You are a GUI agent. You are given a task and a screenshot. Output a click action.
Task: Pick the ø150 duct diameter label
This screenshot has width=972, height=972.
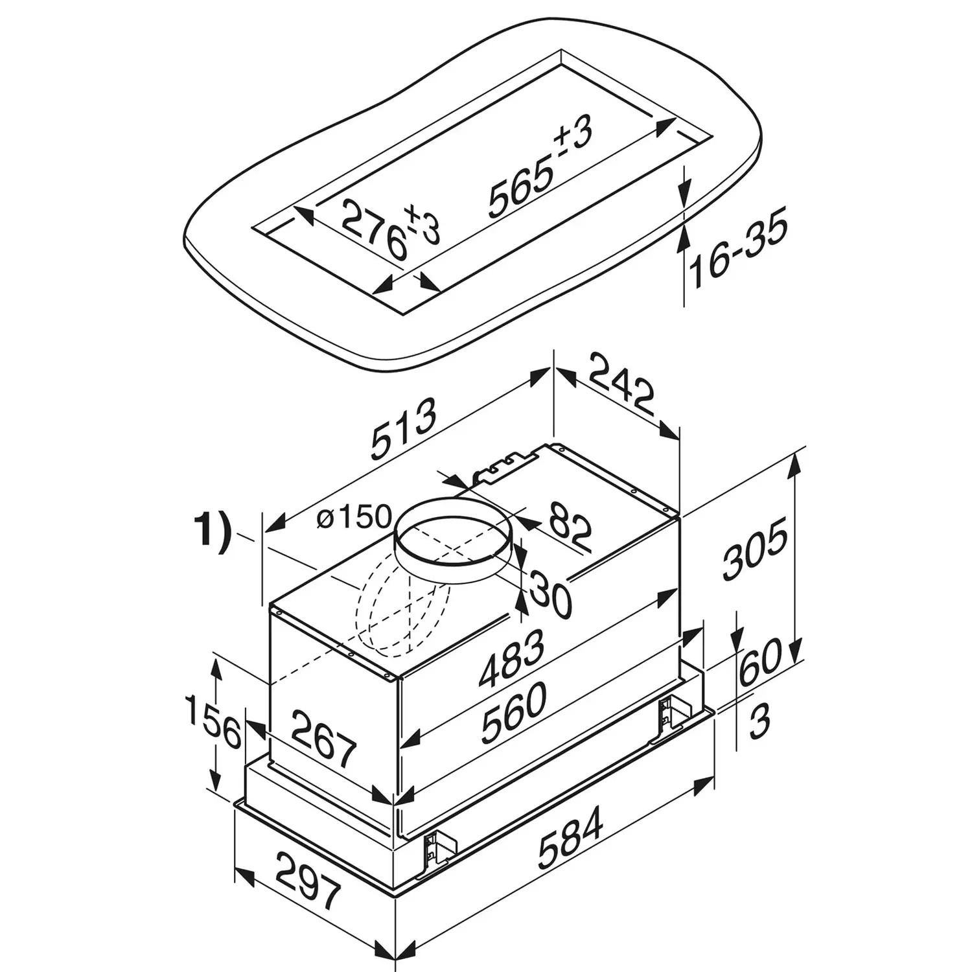[355, 518]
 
